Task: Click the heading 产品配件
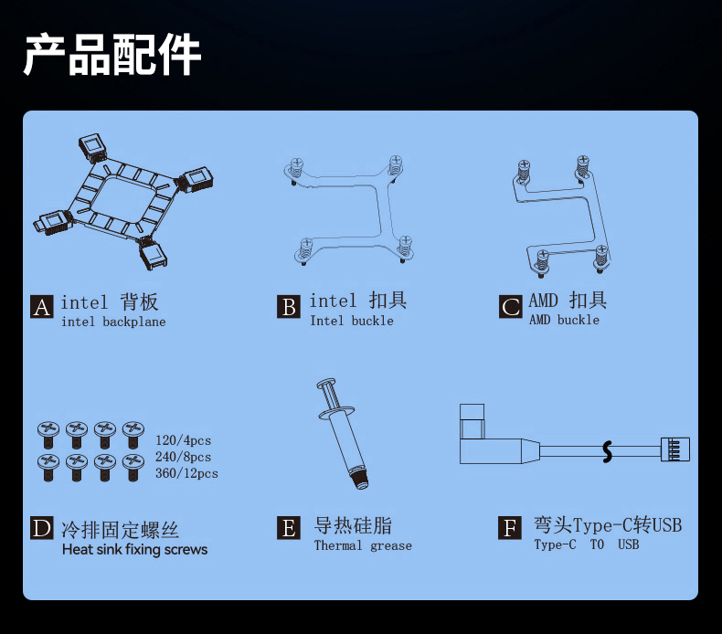tap(111, 54)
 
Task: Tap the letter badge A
tap(41, 307)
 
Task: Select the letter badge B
tap(289, 307)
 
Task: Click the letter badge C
tap(510, 307)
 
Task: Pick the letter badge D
tap(41, 528)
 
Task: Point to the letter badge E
tap(289, 528)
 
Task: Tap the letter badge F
tap(510, 528)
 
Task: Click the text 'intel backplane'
tap(113, 322)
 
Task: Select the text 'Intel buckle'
tap(352, 321)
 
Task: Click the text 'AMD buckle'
tap(564, 320)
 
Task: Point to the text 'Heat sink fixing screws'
tap(135, 549)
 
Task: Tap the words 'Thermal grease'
tap(363, 545)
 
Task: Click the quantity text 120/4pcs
tap(184, 440)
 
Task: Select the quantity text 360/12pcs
tap(186, 473)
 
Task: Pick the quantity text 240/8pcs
tap(184, 457)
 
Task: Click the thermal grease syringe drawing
tap(344, 434)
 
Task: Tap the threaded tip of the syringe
tap(359, 478)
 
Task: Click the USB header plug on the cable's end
tap(675, 449)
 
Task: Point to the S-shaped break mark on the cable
tap(608, 451)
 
